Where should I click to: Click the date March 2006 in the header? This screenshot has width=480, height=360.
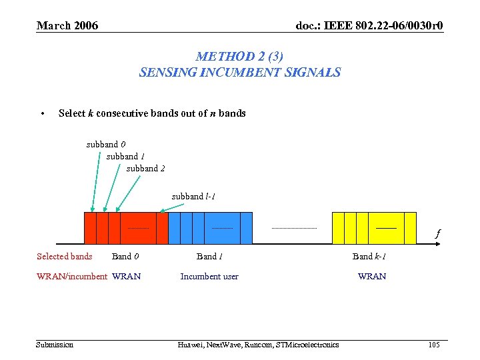coord(67,26)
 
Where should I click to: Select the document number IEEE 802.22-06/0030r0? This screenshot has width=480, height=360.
coord(369,26)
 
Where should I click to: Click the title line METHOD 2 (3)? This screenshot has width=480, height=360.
coord(239,57)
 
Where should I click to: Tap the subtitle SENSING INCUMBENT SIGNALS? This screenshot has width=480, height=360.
coord(239,72)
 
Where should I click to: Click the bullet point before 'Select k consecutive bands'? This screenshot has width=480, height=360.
coord(43,113)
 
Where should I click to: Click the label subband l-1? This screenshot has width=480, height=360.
coord(193,196)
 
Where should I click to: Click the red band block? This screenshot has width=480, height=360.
coord(125,228)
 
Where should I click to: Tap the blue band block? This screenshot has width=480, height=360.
coord(210,228)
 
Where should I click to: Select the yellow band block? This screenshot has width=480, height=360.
coord(373,228)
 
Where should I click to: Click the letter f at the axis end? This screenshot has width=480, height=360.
coord(437,234)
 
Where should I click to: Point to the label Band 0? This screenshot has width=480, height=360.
coord(125,257)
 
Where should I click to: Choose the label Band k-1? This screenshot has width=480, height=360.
coord(369,257)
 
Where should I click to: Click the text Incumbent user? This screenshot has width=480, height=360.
coord(209,277)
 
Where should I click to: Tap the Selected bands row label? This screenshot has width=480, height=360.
coord(65,257)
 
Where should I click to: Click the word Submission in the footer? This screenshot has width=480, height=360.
coord(55,345)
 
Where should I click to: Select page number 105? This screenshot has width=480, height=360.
coord(434,345)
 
